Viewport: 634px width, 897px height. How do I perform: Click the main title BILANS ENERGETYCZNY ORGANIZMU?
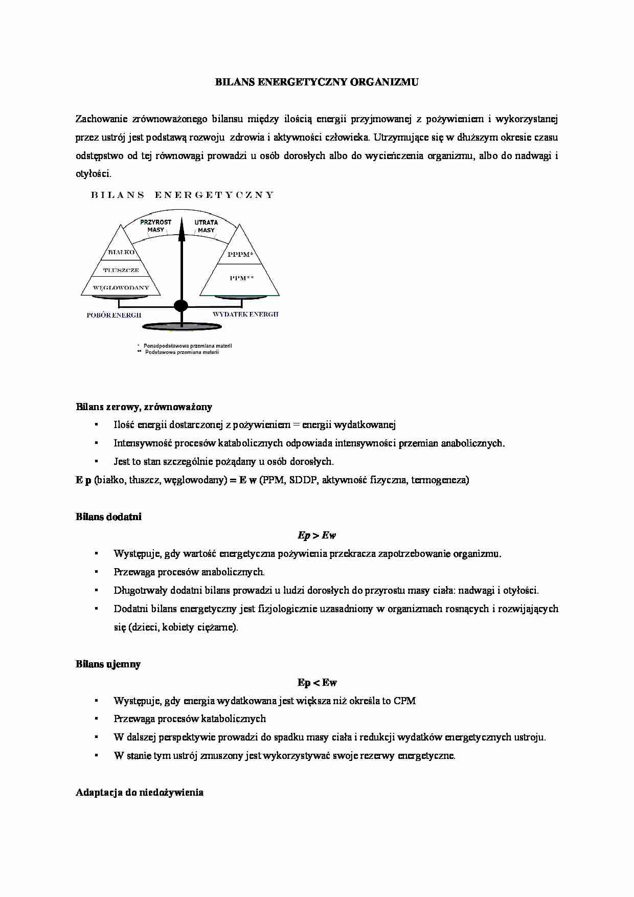(316, 82)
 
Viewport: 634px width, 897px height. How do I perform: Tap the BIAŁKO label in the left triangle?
(121, 252)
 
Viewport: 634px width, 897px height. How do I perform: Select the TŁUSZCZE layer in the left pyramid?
(121, 270)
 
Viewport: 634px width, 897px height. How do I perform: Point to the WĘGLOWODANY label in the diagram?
(121, 287)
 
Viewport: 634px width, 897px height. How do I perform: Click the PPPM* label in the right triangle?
(240, 254)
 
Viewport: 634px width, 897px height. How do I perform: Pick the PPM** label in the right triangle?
(241, 278)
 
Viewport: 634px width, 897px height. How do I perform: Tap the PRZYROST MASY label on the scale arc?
(155, 226)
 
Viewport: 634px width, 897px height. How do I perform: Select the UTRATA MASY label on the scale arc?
(206, 226)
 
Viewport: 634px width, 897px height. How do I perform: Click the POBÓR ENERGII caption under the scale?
(114, 315)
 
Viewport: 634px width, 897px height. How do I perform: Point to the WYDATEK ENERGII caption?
(245, 314)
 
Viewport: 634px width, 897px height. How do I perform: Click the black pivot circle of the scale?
(181, 306)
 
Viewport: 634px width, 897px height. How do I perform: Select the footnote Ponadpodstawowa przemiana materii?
(187, 346)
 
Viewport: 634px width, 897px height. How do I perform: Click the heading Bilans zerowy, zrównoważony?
(144, 407)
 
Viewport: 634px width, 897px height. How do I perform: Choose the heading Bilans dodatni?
(108, 517)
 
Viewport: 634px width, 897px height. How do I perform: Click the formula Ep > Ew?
(316, 535)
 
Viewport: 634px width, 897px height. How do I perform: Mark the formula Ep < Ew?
(317, 682)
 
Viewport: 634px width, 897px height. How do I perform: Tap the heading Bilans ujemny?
(108, 664)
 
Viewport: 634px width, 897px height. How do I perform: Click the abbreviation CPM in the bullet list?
(404, 701)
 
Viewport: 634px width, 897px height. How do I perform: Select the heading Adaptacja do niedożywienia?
(140, 792)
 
